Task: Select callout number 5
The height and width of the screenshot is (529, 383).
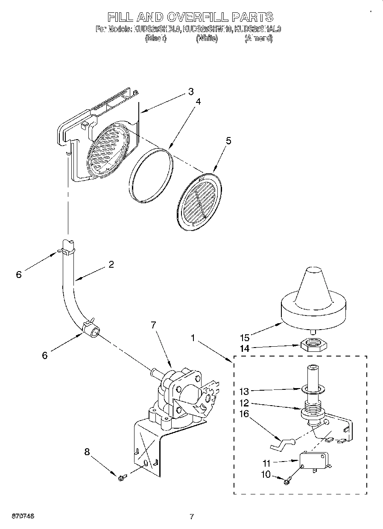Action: point(228,141)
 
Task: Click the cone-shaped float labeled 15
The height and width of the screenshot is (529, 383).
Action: point(314,299)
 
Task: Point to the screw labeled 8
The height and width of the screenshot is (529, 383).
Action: point(121,478)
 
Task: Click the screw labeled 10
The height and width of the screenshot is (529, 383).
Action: point(287,481)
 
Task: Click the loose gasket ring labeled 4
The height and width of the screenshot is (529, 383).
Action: point(152,174)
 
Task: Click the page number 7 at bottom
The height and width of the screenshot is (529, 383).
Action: point(192,517)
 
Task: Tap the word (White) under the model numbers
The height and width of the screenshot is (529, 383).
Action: point(207,38)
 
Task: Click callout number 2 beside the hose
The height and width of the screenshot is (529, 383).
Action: point(111,264)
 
